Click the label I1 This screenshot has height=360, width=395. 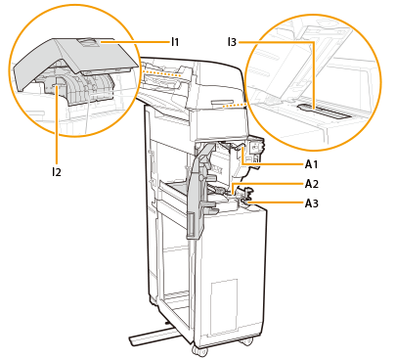pos(175,42)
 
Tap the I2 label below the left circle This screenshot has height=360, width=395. pos(57,172)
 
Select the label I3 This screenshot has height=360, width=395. pos(232,42)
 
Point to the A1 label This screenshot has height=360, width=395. pos(311,164)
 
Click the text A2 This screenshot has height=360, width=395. pos(312,184)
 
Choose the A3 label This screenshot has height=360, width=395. pos(312,203)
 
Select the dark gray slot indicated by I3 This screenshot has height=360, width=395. pos(325,112)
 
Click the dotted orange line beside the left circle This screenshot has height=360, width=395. pos(160,72)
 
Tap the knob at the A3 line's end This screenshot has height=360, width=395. pos(245,204)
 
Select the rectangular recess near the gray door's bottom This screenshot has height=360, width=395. pos(191,224)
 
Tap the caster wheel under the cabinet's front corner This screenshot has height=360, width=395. pos(199,351)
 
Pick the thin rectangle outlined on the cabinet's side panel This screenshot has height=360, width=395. pos(224,307)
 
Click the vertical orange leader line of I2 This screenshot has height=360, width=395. pos(57,124)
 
